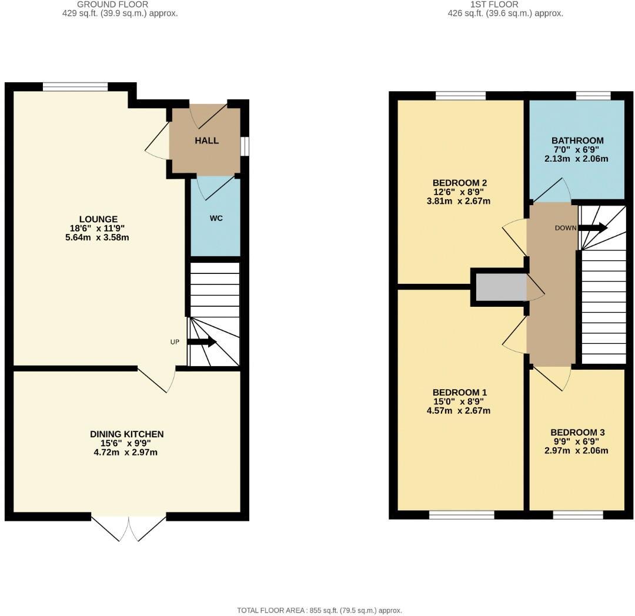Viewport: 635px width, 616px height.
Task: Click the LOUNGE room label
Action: (99, 219)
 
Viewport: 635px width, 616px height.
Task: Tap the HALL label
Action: (206, 140)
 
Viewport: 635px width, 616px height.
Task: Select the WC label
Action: (216, 218)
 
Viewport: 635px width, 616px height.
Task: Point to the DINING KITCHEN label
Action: (126, 434)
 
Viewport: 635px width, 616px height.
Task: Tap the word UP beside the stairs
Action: (175, 342)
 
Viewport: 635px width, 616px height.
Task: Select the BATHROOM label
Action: (577, 140)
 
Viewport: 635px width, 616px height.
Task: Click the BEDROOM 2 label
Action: (459, 183)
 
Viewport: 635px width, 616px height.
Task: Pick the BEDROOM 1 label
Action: (459, 392)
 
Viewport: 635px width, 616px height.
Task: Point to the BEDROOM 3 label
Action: (577, 433)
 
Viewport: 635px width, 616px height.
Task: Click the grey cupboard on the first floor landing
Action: (500, 287)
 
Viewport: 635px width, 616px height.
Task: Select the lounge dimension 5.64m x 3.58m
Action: (99, 237)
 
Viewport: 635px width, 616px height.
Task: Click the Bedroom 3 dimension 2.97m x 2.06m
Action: (577, 451)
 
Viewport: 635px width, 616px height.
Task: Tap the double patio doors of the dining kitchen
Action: (129, 527)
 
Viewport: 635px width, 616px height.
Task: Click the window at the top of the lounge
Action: (75, 87)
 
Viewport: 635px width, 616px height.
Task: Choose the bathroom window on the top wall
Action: (593, 96)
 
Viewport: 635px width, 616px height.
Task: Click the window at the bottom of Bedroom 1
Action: (462, 515)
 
